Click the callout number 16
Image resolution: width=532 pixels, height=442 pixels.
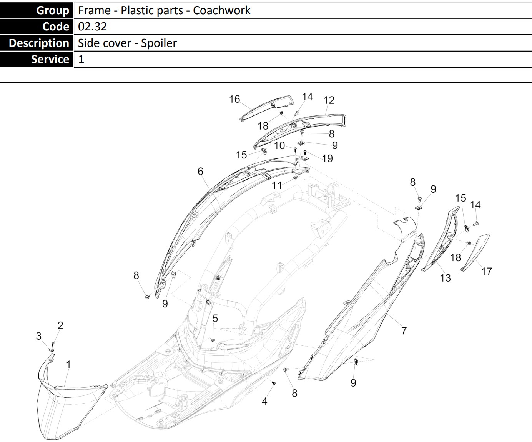pos(234,99)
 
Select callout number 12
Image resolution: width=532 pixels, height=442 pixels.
pos(329,100)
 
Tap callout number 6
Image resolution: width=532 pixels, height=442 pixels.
pos(200,171)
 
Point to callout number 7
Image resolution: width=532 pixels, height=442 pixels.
pos(404,330)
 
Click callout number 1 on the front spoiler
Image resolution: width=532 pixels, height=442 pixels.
pos(68,364)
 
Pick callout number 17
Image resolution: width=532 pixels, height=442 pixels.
pos(486,272)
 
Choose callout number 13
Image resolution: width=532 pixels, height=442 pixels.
pos(445,278)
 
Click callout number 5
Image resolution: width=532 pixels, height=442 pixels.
pos(215,318)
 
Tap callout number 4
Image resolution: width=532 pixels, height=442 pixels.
pos(264,401)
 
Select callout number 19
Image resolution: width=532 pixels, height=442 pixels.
pos(327,158)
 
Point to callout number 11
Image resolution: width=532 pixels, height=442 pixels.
pos(277,185)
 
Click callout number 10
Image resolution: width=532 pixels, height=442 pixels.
pos(279,145)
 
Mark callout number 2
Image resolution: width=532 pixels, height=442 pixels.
pos(60,325)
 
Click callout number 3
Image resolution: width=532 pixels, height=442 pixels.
pos(38,336)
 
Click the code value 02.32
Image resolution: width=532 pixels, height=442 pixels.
pos(92,27)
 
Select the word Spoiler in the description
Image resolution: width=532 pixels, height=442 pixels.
pos(159,43)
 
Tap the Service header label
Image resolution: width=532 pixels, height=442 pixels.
pos(50,59)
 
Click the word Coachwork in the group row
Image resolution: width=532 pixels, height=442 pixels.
pos(222,10)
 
